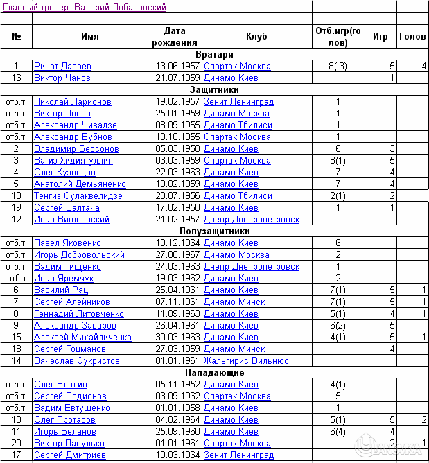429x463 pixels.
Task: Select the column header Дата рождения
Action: click(x=175, y=37)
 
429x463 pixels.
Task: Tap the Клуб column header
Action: click(x=256, y=37)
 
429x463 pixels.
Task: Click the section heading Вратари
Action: click(x=214, y=54)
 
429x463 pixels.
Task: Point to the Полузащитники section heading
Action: click(x=214, y=232)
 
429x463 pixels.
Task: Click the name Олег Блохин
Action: click(x=61, y=385)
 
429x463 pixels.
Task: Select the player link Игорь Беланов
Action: click(x=64, y=431)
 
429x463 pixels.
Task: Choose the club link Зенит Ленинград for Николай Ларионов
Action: click(x=238, y=102)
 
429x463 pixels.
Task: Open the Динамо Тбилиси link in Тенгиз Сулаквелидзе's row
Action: click(x=238, y=196)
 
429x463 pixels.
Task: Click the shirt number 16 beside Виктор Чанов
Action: click(x=17, y=78)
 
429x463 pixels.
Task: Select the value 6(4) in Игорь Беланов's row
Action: click(x=338, y=431)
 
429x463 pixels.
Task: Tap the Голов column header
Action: click(x=412, y=37)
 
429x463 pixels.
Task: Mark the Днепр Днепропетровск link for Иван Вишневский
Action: click(x=252, y=220)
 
